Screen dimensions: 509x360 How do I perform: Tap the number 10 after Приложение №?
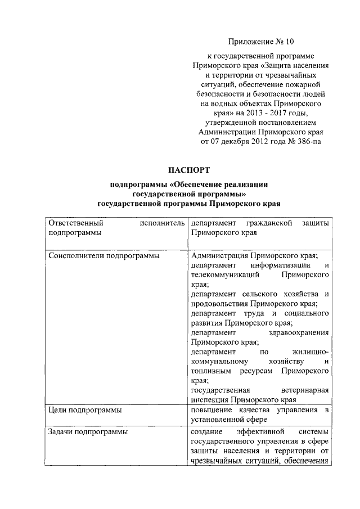pyautogui.click(x=287, y=41)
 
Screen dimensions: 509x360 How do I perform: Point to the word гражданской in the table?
pyautogui.click(x=268, y=224)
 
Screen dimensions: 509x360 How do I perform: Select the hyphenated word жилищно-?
pyautogui.click(x=306, y=352)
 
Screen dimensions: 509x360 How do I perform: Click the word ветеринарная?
pyautogui.click(x=304, y=390)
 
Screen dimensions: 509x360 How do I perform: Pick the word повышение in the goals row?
pyautogui.click(x=211, y=410)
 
